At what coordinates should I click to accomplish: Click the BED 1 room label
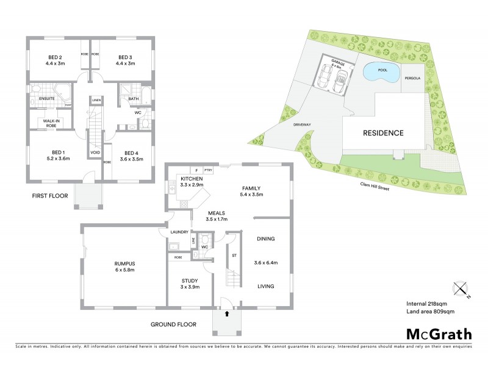(60, 154)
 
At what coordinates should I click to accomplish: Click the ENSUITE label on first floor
(47, 99)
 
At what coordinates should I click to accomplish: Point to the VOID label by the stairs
(95, 152)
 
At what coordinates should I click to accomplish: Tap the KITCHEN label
(192, 179)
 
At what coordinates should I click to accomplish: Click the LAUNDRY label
(179, 232)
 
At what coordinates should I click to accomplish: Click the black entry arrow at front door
(227, 314)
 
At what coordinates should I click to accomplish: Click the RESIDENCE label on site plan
(383, 132)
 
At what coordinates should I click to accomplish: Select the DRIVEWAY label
(302, 124)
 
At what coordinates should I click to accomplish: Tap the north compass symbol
(460, 288)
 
